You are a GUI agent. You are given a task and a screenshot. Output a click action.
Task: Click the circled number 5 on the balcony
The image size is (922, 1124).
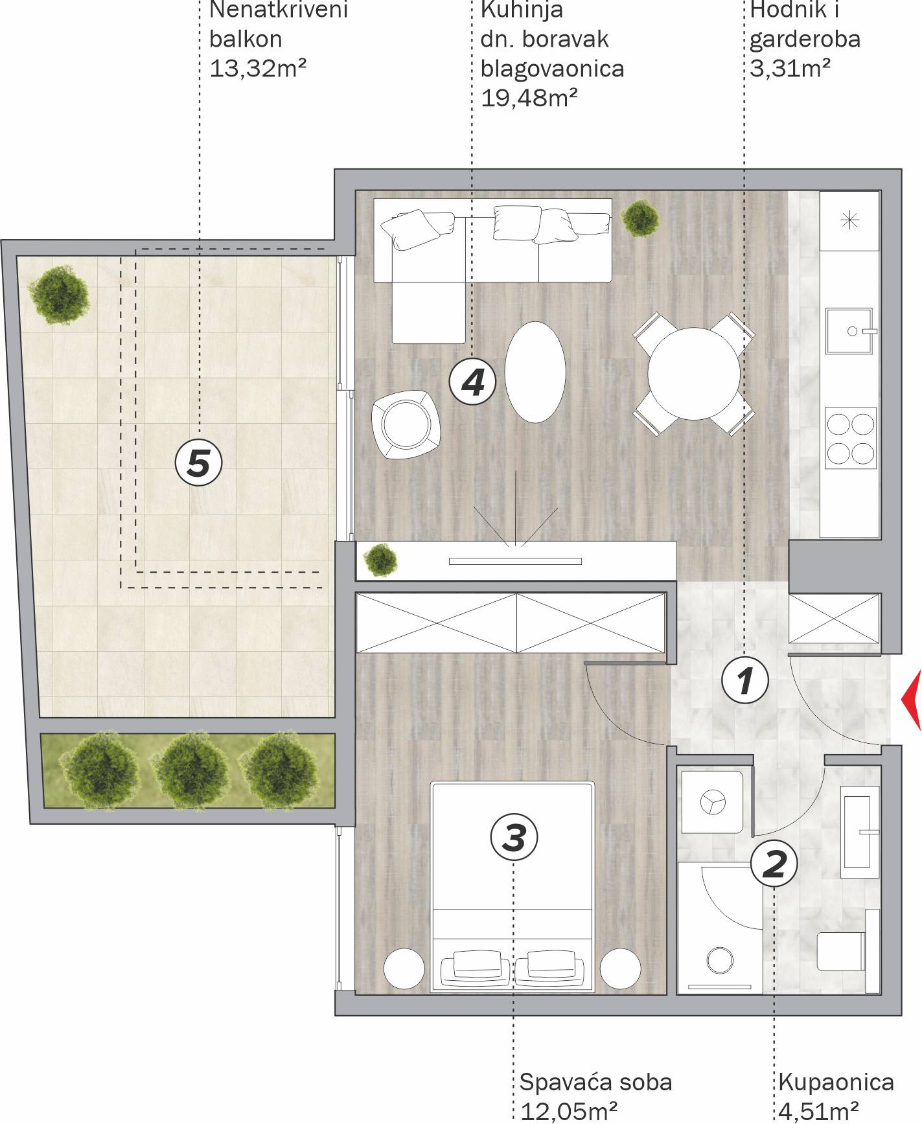pyautogui.click(x=199, y=463)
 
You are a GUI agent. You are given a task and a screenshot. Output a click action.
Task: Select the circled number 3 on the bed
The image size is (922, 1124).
pyautogui.click(x=514, y=837)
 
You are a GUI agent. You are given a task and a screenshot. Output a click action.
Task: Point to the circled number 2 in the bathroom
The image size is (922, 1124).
pyautogui.click(x=774, y=863)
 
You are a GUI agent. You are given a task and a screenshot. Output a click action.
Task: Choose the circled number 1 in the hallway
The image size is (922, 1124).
pyautogui.click(x=746, y=680)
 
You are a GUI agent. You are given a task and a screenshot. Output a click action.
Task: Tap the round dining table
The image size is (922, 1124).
pyautogui.click(x=694, y=374)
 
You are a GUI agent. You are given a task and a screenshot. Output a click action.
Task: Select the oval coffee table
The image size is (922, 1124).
pyautogui.click(x=535, y=373)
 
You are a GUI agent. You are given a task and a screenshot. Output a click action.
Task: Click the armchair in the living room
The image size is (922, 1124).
pyautogui.click(x=406, y=424)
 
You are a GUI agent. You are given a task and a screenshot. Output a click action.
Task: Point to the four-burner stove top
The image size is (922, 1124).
pyautogui.click(x=850, y=438)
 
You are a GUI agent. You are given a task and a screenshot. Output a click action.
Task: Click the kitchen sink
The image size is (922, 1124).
pyautogui.click(x=851, y=330)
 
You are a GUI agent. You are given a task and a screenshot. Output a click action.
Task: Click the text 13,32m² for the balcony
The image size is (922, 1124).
pyautogui.click(x=258, y=68)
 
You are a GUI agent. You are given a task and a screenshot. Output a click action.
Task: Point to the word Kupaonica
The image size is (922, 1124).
pyautogui.click(x=836, y=1082)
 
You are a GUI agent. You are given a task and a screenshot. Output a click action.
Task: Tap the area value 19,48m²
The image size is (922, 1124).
pyautogui.click(x=529, y=97)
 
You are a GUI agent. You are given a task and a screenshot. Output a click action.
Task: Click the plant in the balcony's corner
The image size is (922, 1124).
pyautogui.click(x=58, y=295)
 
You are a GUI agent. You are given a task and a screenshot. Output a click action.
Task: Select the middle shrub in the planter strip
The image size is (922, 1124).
pyautogui.click(x=190, y=770)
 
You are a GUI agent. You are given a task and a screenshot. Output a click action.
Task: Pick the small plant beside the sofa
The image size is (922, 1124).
pyautogui.click(x=640, y=218)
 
